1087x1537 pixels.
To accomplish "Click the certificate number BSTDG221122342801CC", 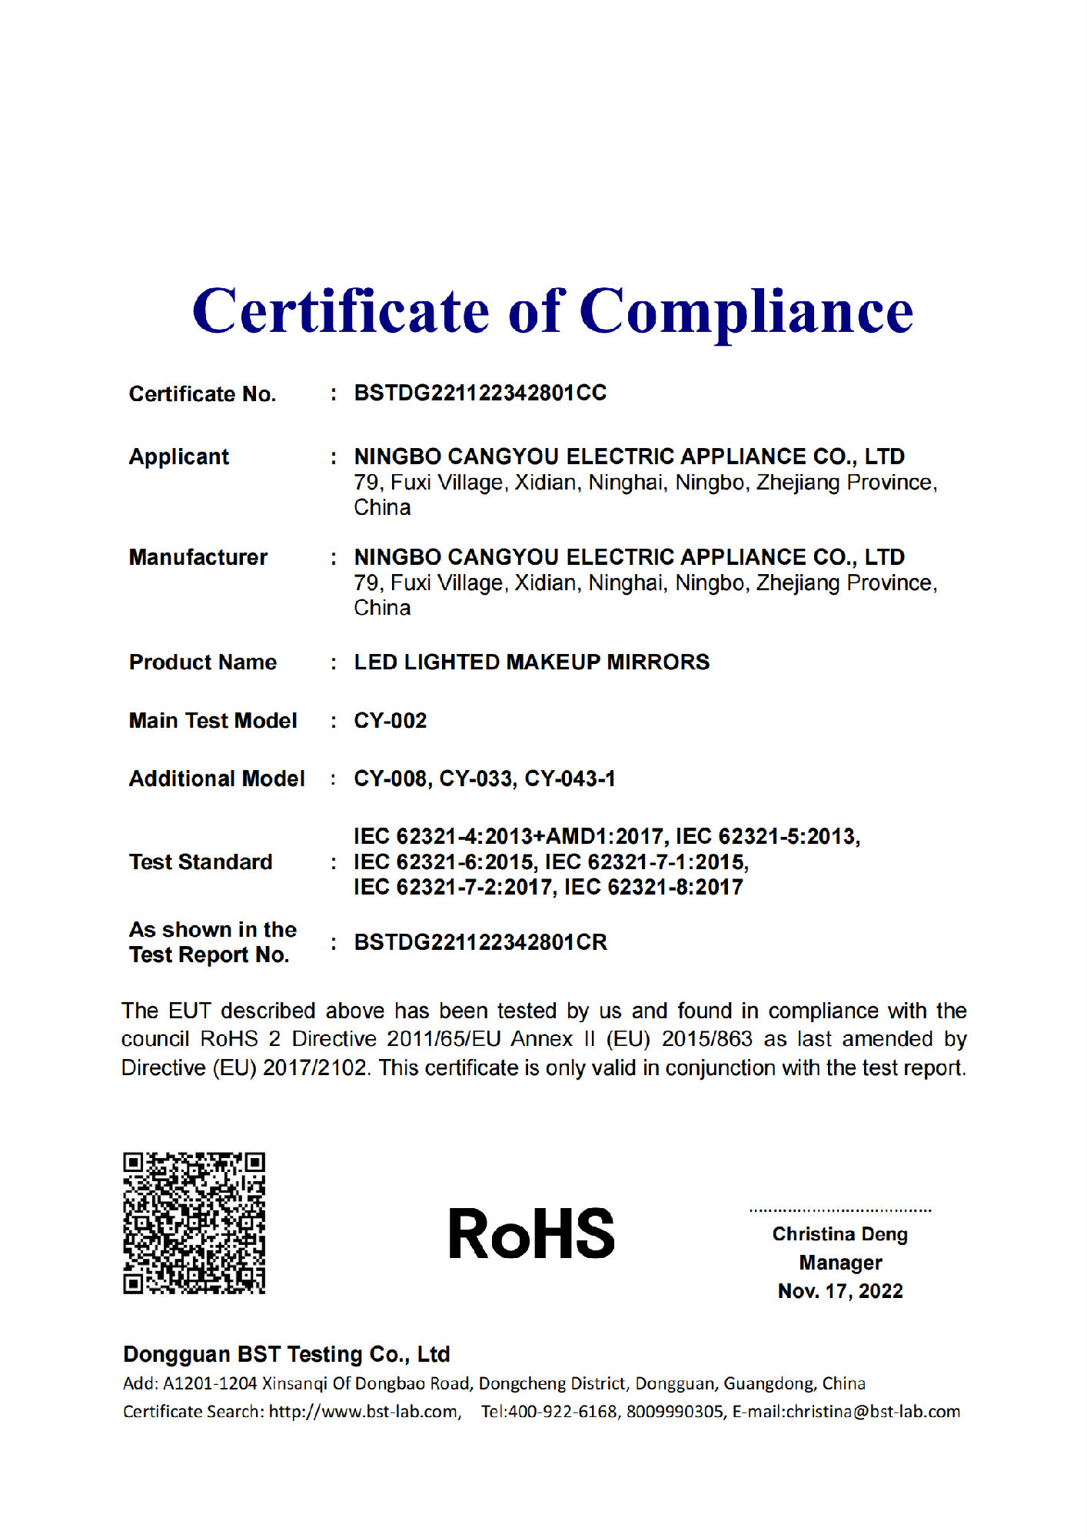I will coord(480,393).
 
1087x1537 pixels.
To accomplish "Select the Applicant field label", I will coord(179,456).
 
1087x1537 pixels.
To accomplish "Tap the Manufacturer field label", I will coord(198,557).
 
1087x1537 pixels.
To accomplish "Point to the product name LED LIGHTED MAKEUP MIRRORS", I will coord(531,662).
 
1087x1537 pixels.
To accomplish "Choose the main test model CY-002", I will coord(390,720).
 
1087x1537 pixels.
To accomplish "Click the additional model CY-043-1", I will coord(570,778).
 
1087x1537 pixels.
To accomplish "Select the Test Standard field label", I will coord(201,861).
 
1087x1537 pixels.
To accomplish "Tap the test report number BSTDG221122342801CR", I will coord(480,942).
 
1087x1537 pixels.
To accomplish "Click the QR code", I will coord(194,1222).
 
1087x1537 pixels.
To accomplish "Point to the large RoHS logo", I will coord(531,1233).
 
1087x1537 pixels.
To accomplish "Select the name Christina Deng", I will coord(839,1234).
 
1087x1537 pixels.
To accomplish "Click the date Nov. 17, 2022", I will coord(840,1291).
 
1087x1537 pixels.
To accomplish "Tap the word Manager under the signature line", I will coord(840,1263).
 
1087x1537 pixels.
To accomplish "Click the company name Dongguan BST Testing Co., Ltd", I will coord(286,1354).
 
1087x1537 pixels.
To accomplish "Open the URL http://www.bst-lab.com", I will coord(363,1412).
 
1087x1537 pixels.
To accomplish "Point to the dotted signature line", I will coord(840,1210).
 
